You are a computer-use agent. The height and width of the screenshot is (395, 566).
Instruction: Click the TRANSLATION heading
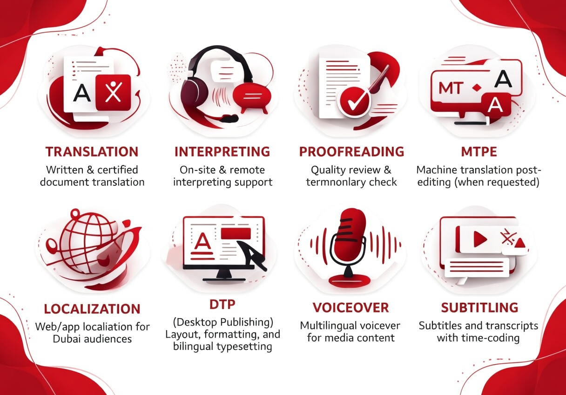point(92,152)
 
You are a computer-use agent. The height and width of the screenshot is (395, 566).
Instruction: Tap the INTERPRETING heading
point(222,152)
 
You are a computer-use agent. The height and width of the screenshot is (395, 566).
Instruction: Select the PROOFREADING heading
point(351,152)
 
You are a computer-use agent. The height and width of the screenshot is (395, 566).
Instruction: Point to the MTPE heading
point(479,152)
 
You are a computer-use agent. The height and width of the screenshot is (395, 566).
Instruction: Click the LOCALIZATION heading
point(92,309)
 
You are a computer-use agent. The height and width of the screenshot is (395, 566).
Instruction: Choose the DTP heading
point(222,305)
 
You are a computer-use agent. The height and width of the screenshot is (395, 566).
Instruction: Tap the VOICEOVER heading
point(350,307)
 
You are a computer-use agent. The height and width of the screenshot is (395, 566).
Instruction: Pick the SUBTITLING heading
point(479,307)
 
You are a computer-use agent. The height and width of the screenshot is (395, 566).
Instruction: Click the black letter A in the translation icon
point(81,93)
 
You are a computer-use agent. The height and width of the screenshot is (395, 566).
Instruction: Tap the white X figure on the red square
point(114,92)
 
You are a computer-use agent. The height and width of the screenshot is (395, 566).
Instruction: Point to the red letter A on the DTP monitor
point(202,240)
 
